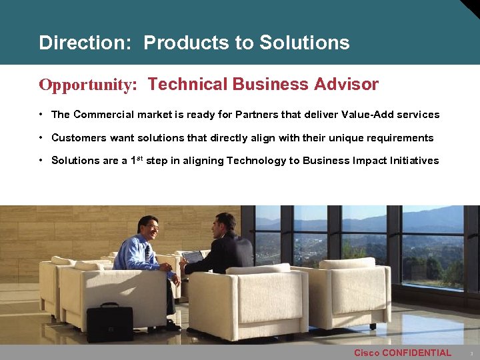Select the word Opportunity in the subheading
point(86,85)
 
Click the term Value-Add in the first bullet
point(365,115)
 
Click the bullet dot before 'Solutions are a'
point(41,160)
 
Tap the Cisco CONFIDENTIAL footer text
point(402,353)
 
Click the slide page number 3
point(471,353)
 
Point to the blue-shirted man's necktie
point(147,253)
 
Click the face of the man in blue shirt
point(150,229)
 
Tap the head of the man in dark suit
point(225,225)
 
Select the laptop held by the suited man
point(193,257)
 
